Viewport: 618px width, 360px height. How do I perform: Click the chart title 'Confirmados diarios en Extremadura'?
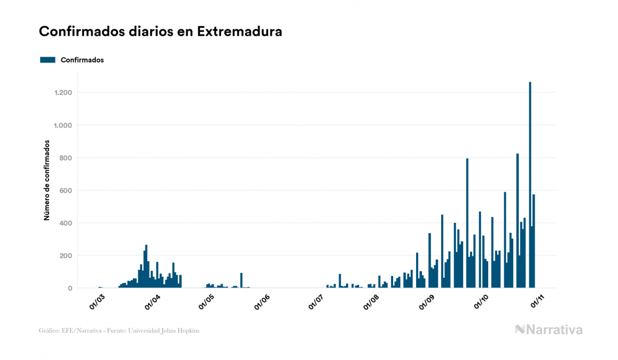160,32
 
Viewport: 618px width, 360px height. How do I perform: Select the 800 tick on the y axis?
65,158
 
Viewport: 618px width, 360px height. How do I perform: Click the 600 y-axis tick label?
65,191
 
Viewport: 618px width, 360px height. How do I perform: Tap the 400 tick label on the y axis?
65,223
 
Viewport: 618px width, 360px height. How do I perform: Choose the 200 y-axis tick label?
65,256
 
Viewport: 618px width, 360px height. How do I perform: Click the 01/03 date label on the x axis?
97,301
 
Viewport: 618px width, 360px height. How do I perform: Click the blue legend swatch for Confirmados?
48,60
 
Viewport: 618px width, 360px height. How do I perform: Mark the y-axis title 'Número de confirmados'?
46,180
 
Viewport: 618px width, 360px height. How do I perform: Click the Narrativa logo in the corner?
549,330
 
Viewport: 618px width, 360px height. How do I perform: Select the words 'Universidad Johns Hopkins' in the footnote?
171,331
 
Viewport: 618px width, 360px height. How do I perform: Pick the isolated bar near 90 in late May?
241,280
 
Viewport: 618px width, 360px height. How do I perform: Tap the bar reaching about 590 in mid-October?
505,240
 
